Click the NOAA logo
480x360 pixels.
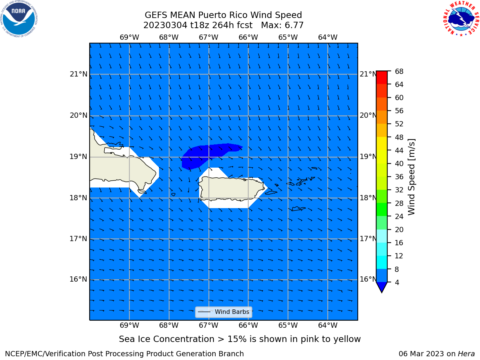pos(19,19)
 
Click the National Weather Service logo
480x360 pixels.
pos(461,19)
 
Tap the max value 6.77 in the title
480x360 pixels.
pos(293,25)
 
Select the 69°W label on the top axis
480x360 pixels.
pos(129,37)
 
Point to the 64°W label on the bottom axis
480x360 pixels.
pos(328,325)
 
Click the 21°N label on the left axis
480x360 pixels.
pos(78,74)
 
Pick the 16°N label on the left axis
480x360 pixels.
pos(78,279)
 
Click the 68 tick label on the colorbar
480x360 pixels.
pos(399,72)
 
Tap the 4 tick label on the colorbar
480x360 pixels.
pos(397,282)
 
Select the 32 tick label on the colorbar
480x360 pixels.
pos(399,190)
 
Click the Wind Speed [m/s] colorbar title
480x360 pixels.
pos(411,177)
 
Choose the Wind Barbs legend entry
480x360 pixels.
pos(223,312)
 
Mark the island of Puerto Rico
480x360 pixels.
pos(232,188)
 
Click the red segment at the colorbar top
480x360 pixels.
pos(382,77)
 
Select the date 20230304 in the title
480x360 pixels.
pos(165,25)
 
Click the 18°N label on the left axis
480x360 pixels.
pos(78,198)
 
